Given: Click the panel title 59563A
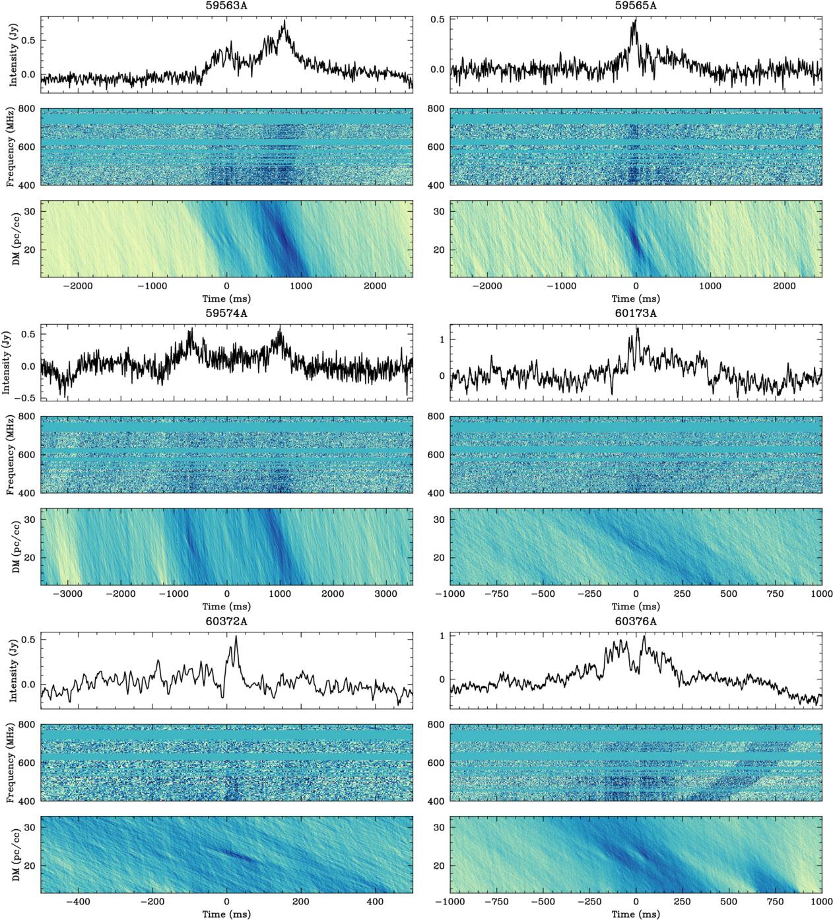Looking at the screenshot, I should pyautogui.click(x=226, y=5).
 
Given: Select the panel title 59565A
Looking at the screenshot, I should pyautogui.click(x=636, y=5).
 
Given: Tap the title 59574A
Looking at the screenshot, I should pyautogui.click(x=226, y=313).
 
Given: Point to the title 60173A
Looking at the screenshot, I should pyautogui.click(x=636, y=313).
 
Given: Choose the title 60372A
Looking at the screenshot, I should pyautogui.click(x=226, y=621).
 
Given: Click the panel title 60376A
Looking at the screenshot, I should pyautogui.click(x=636, y=621).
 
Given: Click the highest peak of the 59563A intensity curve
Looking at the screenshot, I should pyautogui.click(x=284, y=20).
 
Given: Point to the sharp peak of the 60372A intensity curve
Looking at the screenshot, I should pyautogui.click(x=236, y=636).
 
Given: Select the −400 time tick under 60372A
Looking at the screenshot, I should pyautogui.click(x=79, y=902).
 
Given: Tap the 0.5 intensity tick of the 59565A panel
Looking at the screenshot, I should pyautogui.click(x=438, y=19).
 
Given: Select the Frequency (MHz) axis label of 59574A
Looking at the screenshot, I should pyautogui.click(x=11, y=455).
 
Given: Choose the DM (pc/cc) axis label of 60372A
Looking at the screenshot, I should pyautogui.click(x=13, y=854).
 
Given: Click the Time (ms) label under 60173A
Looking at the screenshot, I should pyautogui.click(x=636, y=606).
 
